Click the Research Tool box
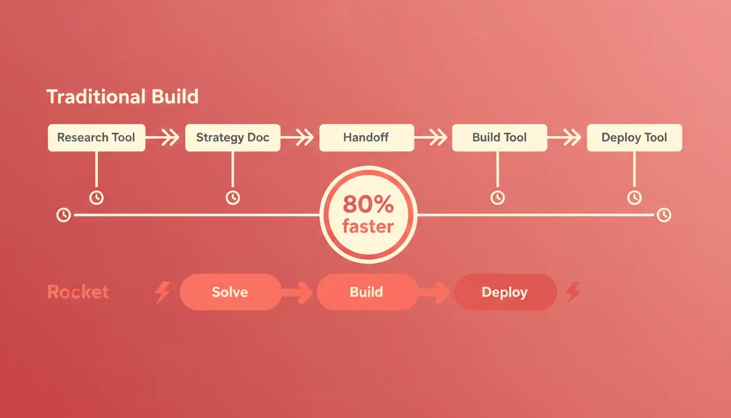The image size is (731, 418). point(97,138)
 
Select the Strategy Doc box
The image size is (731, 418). point(233,138)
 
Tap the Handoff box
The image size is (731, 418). point(367,138)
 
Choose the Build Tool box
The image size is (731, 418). point(500,138)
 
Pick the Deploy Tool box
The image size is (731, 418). point(634,138)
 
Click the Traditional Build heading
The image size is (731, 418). point(123,97)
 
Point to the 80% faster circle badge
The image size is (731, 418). point(368,214)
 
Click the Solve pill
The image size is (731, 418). point(231,292)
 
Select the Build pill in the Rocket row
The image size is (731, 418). point(367,292)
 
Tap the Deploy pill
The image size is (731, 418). point(505,292)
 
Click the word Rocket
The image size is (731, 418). point(78,292)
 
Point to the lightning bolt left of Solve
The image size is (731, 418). point(163,292)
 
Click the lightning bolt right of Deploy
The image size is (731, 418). point(573,292)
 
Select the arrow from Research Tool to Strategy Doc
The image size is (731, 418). point(163,137)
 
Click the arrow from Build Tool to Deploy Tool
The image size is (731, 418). point(564,137)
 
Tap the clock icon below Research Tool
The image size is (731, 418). point(96,198)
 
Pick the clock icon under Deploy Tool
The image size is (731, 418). point(634,198)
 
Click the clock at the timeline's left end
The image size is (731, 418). point(63,215)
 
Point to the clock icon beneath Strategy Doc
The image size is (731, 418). point(233,198)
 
